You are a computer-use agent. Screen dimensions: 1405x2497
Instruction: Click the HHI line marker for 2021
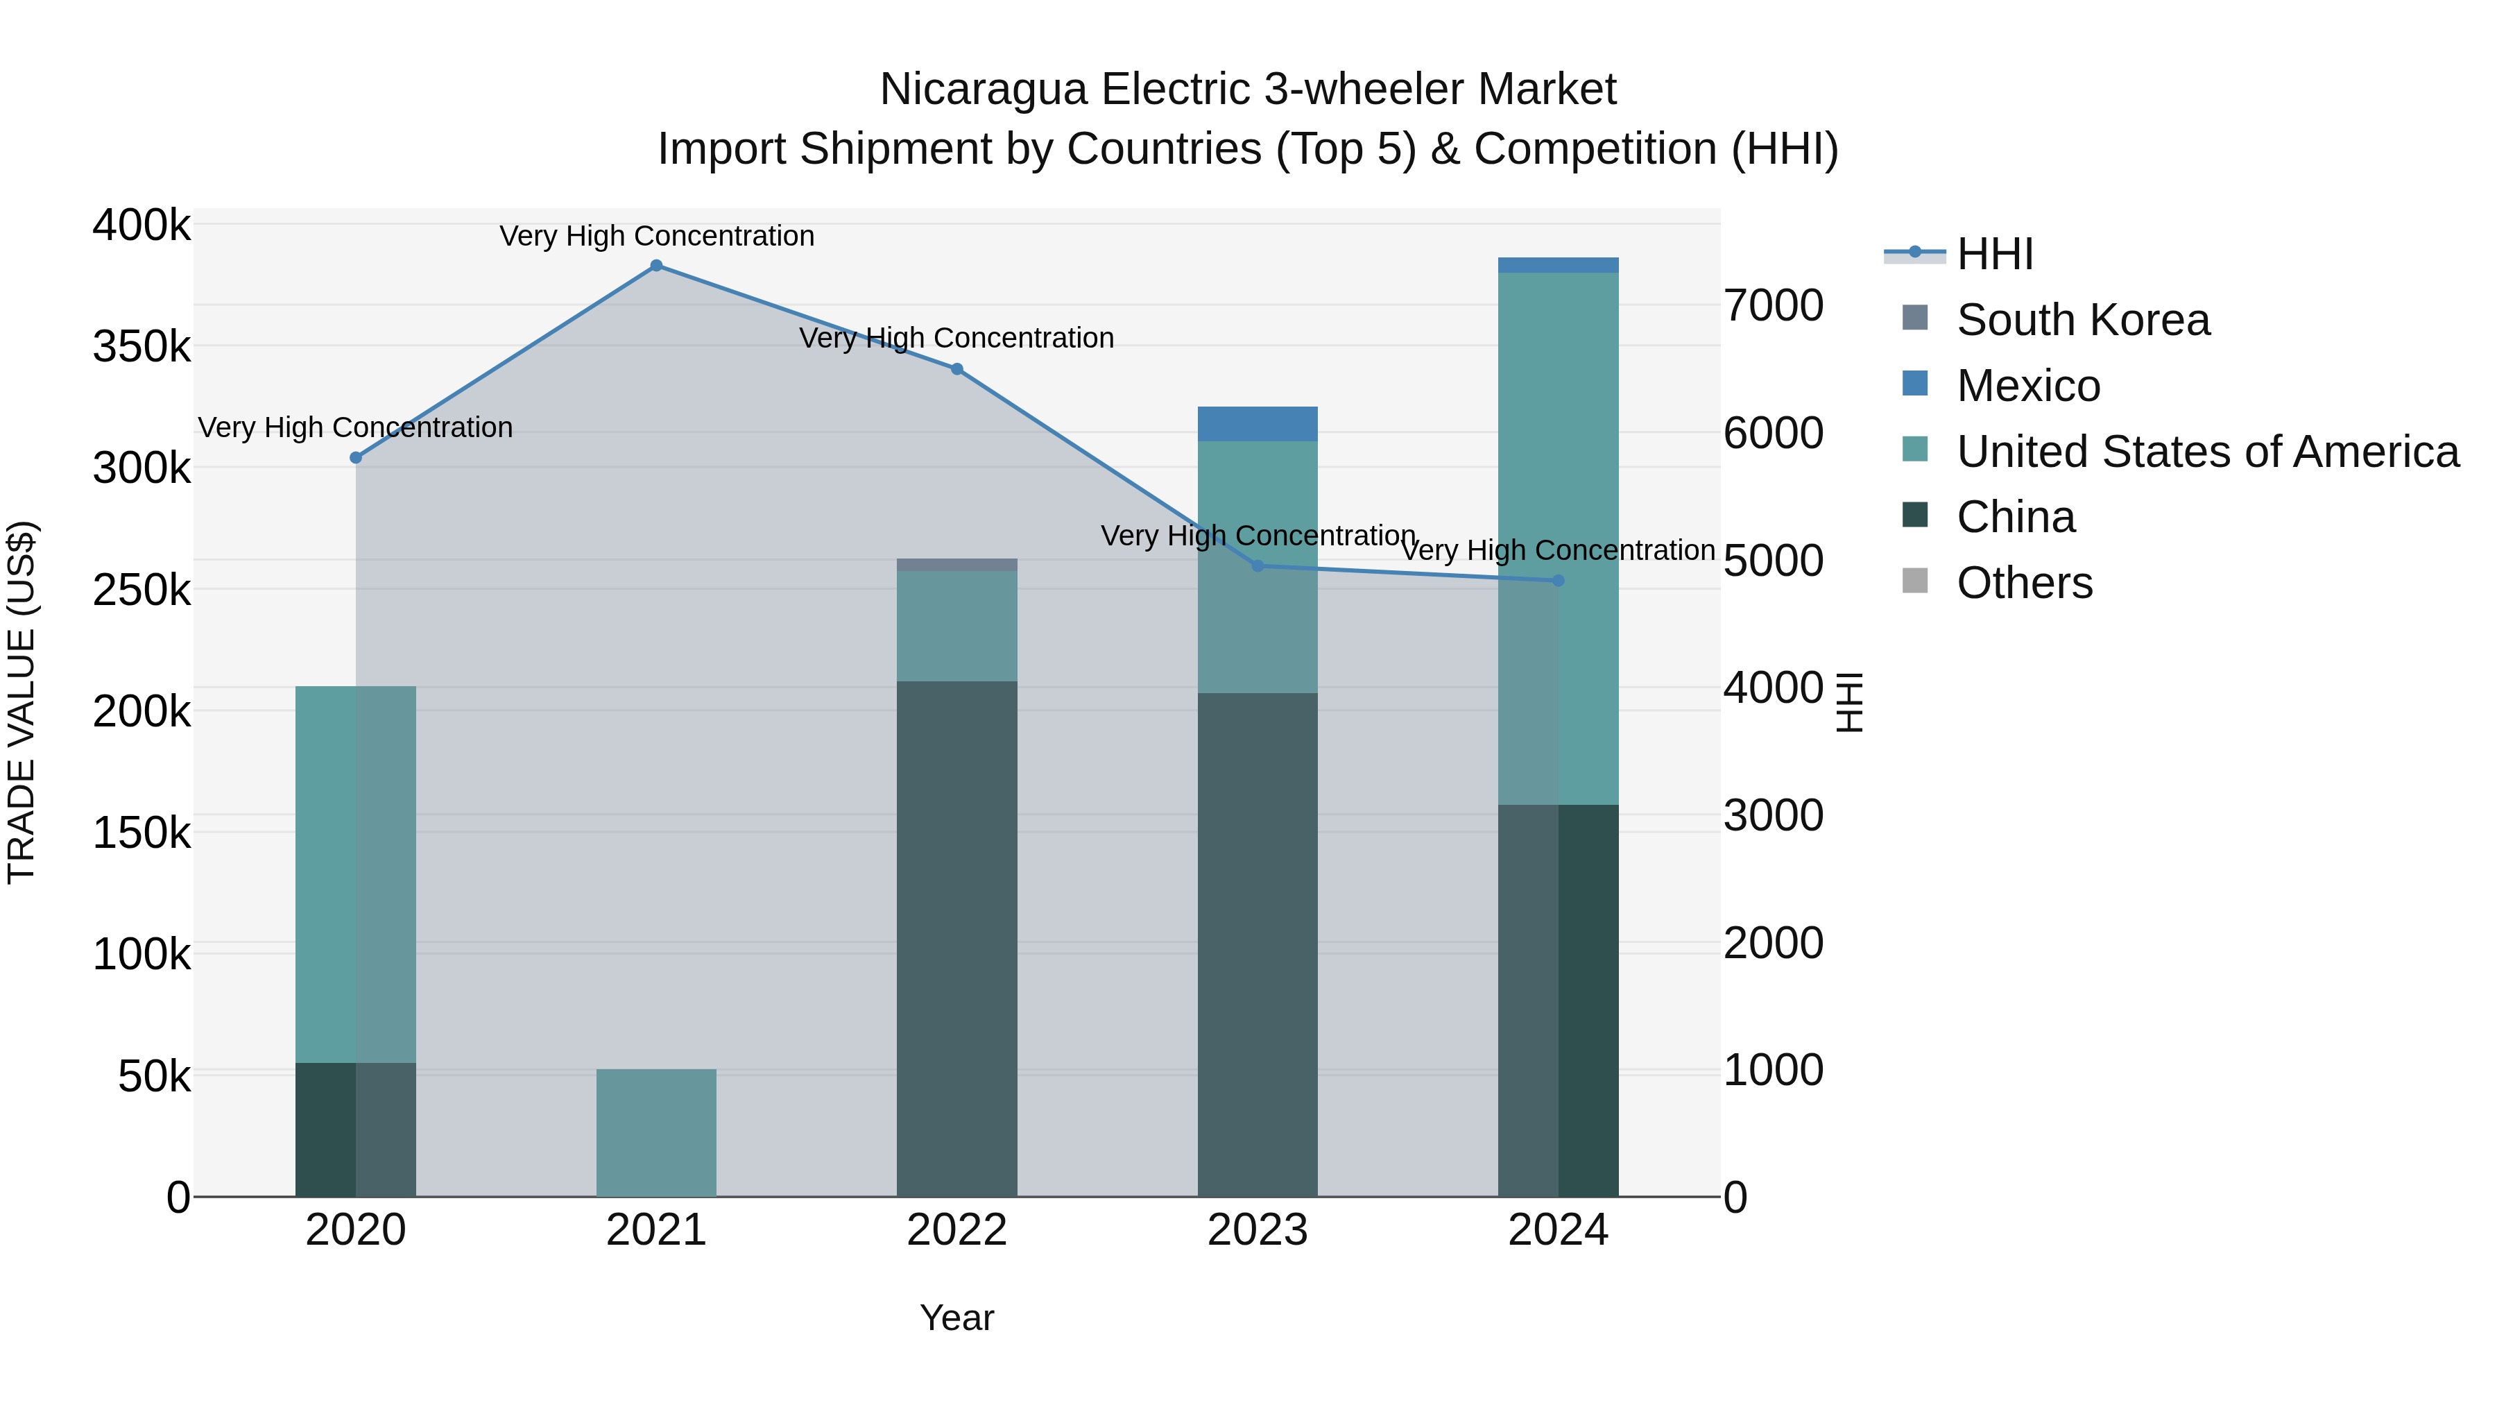coord(656,266)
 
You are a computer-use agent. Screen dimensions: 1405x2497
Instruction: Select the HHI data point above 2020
coord(356,458)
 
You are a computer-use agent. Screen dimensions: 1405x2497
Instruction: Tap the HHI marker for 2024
coord(1559,581)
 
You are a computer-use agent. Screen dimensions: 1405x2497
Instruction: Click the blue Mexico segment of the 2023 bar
coord(1258,424)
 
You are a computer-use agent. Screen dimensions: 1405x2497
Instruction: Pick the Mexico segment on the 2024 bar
coord(1559,265)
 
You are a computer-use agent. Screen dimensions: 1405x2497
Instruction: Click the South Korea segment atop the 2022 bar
coord(956,564)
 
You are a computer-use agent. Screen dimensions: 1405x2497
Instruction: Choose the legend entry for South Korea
coord(2082,320)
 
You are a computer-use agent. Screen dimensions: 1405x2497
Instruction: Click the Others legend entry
coord(2024,583)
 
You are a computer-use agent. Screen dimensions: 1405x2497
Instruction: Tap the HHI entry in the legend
coord(1995,254)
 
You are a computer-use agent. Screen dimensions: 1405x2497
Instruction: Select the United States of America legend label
coord(2207,452)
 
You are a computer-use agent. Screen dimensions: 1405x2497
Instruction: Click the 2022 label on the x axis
coord(956,1230)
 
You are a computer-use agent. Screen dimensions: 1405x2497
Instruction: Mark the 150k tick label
coord(141,832)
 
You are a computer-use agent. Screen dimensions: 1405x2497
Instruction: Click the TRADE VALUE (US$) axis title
coord(22,702)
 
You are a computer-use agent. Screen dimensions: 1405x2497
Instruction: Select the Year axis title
coord(956,1318)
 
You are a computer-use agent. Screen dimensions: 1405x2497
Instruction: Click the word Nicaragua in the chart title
coord(983,90)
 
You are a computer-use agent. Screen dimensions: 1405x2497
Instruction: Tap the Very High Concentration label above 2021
coord(656,236)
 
